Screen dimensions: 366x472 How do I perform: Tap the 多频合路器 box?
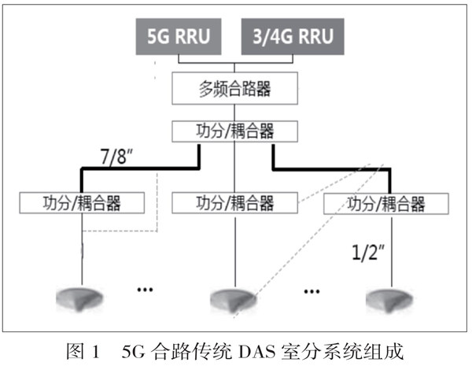tap(235, 88)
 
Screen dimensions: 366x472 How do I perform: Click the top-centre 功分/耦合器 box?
tap(235, 128)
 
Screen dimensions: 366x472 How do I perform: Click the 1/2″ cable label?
tap(368, 253)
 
